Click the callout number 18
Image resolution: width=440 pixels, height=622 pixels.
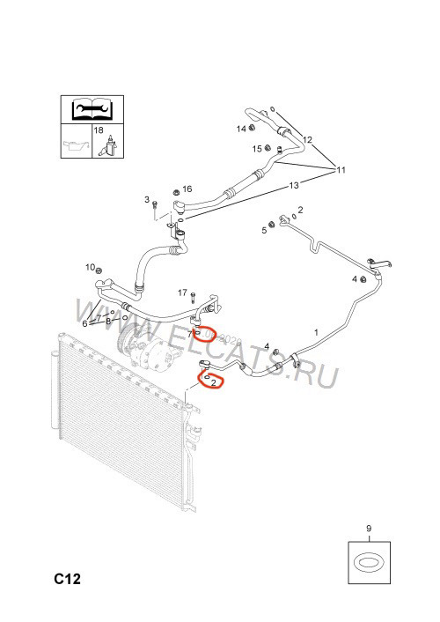click(x=99, y=130)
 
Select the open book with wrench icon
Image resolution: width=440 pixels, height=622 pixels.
click(x=92, y=108)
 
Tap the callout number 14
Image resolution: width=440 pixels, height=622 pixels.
click(x=241, y=129)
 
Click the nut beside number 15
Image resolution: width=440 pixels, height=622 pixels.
click(x=268, y=148)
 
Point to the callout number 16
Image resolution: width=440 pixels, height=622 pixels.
click(x=187, y=189)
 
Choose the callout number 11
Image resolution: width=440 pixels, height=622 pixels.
click(x=341, y=170)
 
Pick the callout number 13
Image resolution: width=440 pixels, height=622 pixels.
click(x=294, y=185)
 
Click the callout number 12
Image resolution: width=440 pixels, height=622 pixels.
click(x=307, y=139)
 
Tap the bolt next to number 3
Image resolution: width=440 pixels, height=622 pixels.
click(x=155, y=204)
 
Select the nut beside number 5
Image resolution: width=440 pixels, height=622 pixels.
click(x=272, y=225)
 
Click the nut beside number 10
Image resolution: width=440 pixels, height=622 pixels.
click(x=99, y=270)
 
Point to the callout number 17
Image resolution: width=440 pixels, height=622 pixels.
click(x=182, y=292)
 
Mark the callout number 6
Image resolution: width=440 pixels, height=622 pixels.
click(x=84, y=323)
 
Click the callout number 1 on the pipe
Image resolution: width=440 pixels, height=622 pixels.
click(x=316, y=332)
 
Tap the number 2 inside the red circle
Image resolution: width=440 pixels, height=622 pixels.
click(x=214, y=382)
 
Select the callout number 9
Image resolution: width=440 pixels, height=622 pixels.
click(x=369, y=529)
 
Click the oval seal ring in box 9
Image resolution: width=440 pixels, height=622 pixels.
click(x=369, y=563)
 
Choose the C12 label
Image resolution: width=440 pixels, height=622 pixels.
click(x=68, y=579)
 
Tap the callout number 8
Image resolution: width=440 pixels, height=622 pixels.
click(x=108, y=321)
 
